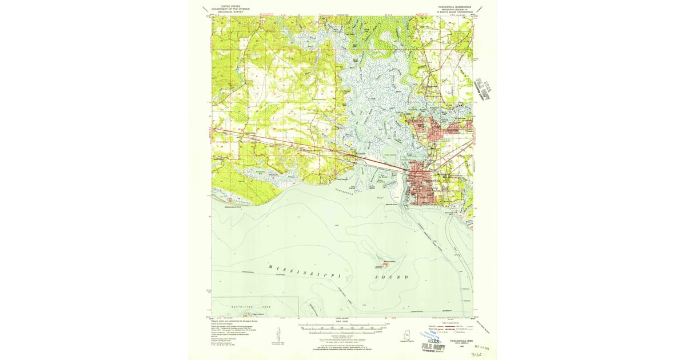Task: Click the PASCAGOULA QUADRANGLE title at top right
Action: (x=447, y=8)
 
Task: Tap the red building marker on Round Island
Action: (x=385, y=263)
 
